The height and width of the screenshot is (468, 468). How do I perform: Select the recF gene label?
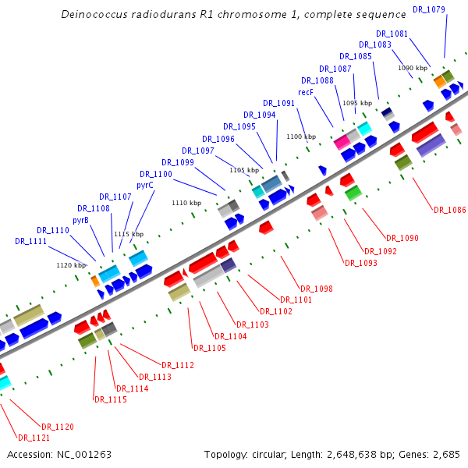(x=306, y=92)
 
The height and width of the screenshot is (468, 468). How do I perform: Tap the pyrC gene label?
(x=145, y=186)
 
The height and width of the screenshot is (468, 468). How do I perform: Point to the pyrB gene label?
(x=80, y=221)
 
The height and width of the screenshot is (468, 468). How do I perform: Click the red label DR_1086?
(x=449, y=210)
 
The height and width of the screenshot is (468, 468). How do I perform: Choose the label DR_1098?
(x=317, y=289)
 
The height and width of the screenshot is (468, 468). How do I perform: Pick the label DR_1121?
(x=34, y=438)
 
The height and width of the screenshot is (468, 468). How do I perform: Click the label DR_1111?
(x=30, y=242)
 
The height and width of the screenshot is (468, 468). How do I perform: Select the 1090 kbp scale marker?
(x=412, y=69)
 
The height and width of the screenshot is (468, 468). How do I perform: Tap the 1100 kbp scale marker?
(x=300, y=136)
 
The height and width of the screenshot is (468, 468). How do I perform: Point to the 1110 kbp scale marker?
(x=186, y=203)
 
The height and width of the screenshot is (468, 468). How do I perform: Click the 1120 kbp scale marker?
(x=71, y=265)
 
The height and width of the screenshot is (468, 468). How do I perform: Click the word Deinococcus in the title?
(x=91, y=14)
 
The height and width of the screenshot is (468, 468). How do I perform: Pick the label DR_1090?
(x=402, y=238)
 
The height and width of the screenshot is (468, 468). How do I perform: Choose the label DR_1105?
(x=210, y=348)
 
